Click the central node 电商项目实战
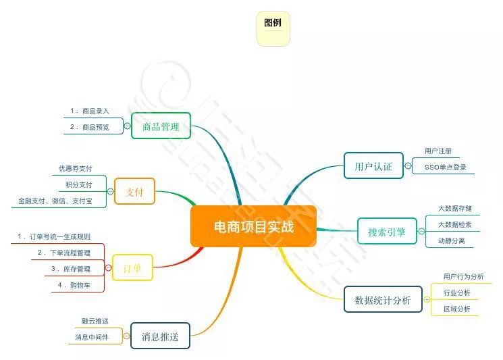coord(253,226)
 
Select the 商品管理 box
coord(161,126)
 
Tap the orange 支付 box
coord(135,191)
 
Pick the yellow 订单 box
coord(132,267)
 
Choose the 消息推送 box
coord(160,336)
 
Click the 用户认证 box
coord(373,165)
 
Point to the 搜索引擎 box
coord(387,231)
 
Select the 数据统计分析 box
coord(377,300)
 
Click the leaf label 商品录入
coord(95,110)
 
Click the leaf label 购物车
coord(81,286)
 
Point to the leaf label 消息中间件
coord(92,336)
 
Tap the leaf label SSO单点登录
coord(445,167)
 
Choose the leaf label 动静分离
coord(451,240)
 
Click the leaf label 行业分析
coord(457,292)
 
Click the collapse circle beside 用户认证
coord(408,165)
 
